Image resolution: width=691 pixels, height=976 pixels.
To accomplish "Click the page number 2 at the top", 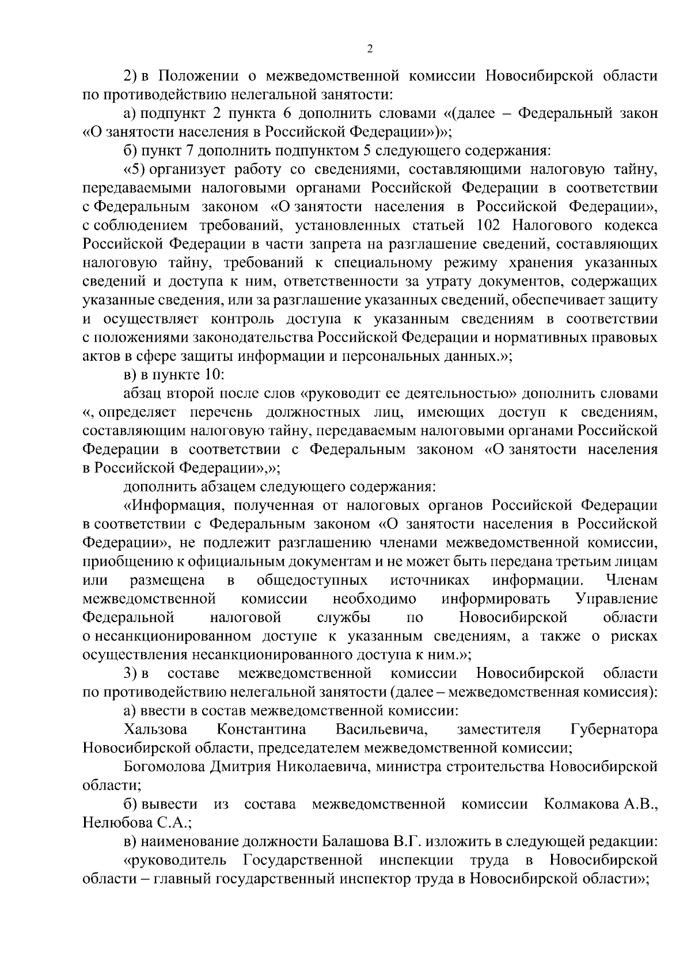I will click(370, 49).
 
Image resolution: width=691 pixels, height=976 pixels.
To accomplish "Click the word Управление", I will click(616, 598).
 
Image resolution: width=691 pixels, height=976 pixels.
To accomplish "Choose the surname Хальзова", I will click(155, 730).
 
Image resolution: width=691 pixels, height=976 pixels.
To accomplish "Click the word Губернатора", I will click(614, 730).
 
